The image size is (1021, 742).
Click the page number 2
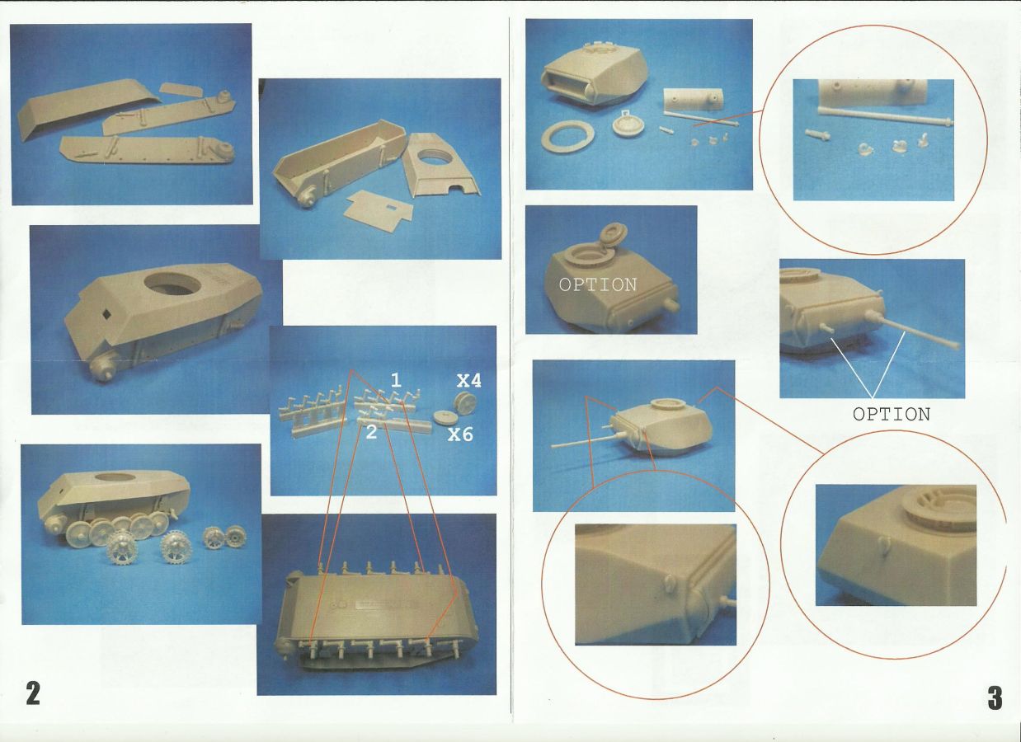(x=33, y=693)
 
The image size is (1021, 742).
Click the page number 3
(x=995, y=698)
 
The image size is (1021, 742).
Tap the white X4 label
(x=469, y=381)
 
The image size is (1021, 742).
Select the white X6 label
(x=460, y=435)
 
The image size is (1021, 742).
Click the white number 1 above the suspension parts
(x=396, y=380)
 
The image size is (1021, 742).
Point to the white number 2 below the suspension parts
(x=371, y=433)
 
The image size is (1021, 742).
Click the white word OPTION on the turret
(x=598, y=285)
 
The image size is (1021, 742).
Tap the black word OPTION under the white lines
(x=891, y=414)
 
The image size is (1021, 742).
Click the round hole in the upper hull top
(x=172, y=284)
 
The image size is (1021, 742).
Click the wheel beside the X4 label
(x=465, y=404)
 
